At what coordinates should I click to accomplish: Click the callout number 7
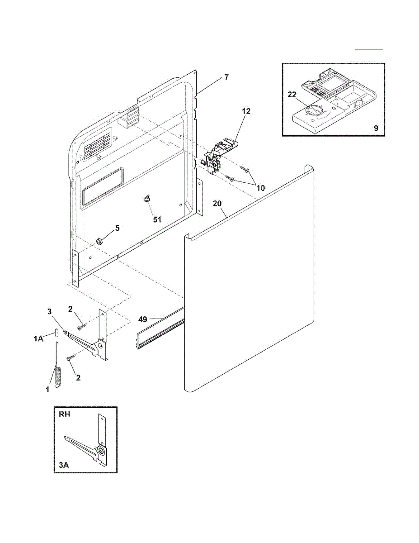[x=226, y=77]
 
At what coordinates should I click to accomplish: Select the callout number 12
[x=246, y=111]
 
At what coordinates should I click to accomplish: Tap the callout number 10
[x=261, y=187]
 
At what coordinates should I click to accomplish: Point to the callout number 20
[x=217, y=204]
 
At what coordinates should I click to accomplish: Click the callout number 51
[x=157, y=219]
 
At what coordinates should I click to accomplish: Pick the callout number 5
[x=117, y=228]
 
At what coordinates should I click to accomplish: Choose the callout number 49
[x=143, y=319]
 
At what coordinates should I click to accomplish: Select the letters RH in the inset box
[x=64, y=414]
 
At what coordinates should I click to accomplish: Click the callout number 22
[x=292, y=94]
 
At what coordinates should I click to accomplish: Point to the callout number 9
[x=376, y=128]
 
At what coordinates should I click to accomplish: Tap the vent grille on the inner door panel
[x=97, y=146]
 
